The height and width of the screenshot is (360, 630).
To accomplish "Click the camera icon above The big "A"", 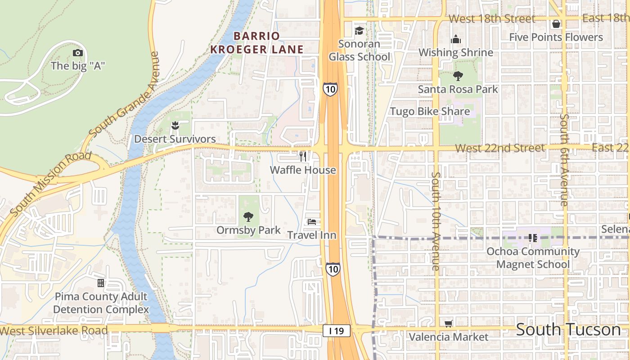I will (78, 53).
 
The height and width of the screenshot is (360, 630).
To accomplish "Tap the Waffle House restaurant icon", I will (303, 157).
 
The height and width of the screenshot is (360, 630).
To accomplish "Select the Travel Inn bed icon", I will (311, 221).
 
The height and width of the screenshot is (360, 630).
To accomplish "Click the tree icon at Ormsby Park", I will (248, 217).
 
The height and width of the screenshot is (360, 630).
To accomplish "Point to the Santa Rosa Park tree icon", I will (458, 76).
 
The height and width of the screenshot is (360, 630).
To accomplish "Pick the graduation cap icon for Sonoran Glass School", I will (359, 31).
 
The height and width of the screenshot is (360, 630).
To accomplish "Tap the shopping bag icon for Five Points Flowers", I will (556, 24).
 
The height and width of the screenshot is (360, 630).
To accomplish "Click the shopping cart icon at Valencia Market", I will (448, 324).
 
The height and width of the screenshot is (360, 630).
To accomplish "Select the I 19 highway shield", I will (336, 331).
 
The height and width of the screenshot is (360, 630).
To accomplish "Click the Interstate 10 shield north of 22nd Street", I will (330, 89).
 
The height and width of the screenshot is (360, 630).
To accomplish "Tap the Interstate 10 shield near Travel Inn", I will (333, 269).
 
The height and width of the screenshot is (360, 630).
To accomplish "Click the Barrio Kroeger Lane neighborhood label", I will (256, 43).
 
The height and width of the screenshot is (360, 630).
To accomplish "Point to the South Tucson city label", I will (568, 330).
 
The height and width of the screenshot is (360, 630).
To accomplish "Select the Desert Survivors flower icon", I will (175, 126).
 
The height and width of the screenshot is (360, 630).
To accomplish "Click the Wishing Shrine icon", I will (456, 39).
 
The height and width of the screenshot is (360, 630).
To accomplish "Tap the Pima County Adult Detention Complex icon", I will (101, 283).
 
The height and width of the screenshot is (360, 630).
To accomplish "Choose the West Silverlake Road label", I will (54, 331).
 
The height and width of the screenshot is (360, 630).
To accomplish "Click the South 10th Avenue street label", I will (436, 220).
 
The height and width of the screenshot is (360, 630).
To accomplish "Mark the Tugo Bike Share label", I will (430, 112).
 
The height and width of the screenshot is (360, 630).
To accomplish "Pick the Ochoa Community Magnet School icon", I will (532, 238).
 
